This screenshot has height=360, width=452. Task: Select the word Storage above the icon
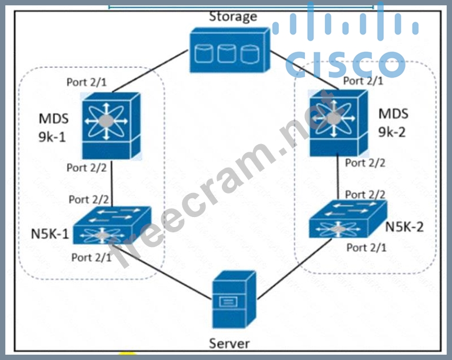pos(233,16)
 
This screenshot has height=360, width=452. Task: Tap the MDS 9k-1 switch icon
pos(111,125)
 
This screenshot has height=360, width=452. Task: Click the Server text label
pos(230,344)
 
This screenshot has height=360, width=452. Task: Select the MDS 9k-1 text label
pos(53,128)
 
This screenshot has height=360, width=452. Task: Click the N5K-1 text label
pos(49,234)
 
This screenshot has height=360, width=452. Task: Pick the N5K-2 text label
pos(405,226)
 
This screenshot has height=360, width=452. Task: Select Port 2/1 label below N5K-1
pos(92,257)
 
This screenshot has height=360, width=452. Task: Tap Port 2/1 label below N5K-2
pos(366,248)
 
